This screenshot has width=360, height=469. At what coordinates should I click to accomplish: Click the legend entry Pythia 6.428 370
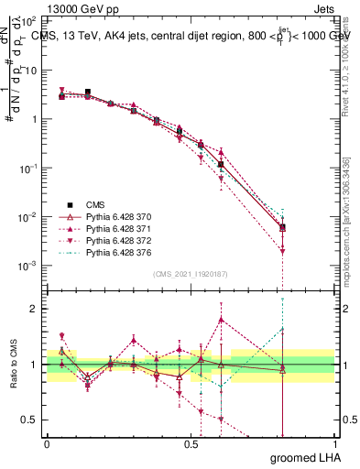coord(116,216)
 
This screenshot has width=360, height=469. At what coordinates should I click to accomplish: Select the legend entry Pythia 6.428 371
coord(116,228)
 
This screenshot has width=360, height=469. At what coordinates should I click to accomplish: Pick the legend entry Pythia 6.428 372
coord(116,240)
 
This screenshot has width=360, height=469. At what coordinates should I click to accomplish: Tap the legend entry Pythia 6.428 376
coord(116,252)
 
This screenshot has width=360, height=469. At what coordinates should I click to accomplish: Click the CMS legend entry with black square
coord(96,204)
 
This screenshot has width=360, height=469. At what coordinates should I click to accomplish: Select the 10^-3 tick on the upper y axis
coord(30,266)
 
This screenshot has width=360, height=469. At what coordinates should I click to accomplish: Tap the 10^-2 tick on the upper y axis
coord(30,217)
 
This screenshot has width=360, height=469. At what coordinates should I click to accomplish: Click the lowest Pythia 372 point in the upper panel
coord(283,251)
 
